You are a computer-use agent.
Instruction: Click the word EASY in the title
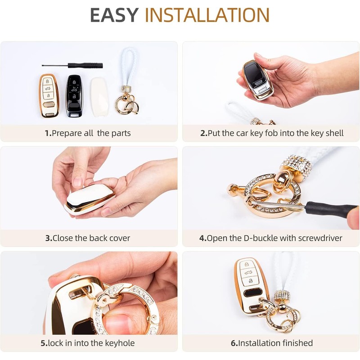[x=115, y=16]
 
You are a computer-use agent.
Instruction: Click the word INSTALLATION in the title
[x=207, y=16]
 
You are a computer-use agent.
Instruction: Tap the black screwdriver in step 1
[x=72, y=66]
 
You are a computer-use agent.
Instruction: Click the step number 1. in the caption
[x=48, y=133]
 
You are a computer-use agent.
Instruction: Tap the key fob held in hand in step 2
[x=257, y=79]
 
